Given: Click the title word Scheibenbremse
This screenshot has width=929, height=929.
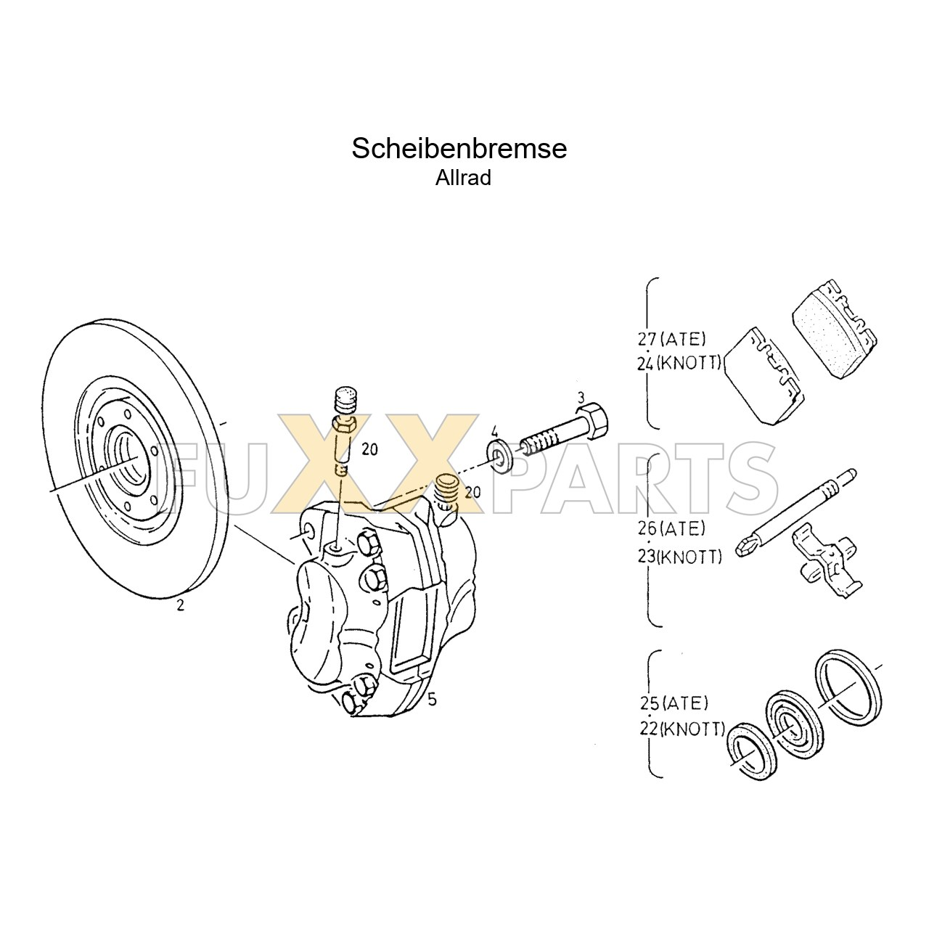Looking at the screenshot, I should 459,149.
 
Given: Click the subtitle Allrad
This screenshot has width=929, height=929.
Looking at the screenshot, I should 463,178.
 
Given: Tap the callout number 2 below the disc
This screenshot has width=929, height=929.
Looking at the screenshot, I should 180,605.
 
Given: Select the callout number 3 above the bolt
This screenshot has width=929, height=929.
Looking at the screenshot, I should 581,397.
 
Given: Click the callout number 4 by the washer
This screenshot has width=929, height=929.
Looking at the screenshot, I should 494,430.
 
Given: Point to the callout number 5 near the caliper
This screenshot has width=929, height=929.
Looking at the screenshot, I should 432,700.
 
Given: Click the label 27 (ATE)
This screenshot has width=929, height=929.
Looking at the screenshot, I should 672,339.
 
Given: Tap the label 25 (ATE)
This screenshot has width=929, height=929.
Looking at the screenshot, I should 674,703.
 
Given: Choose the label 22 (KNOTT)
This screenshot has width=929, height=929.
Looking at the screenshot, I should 682,728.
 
